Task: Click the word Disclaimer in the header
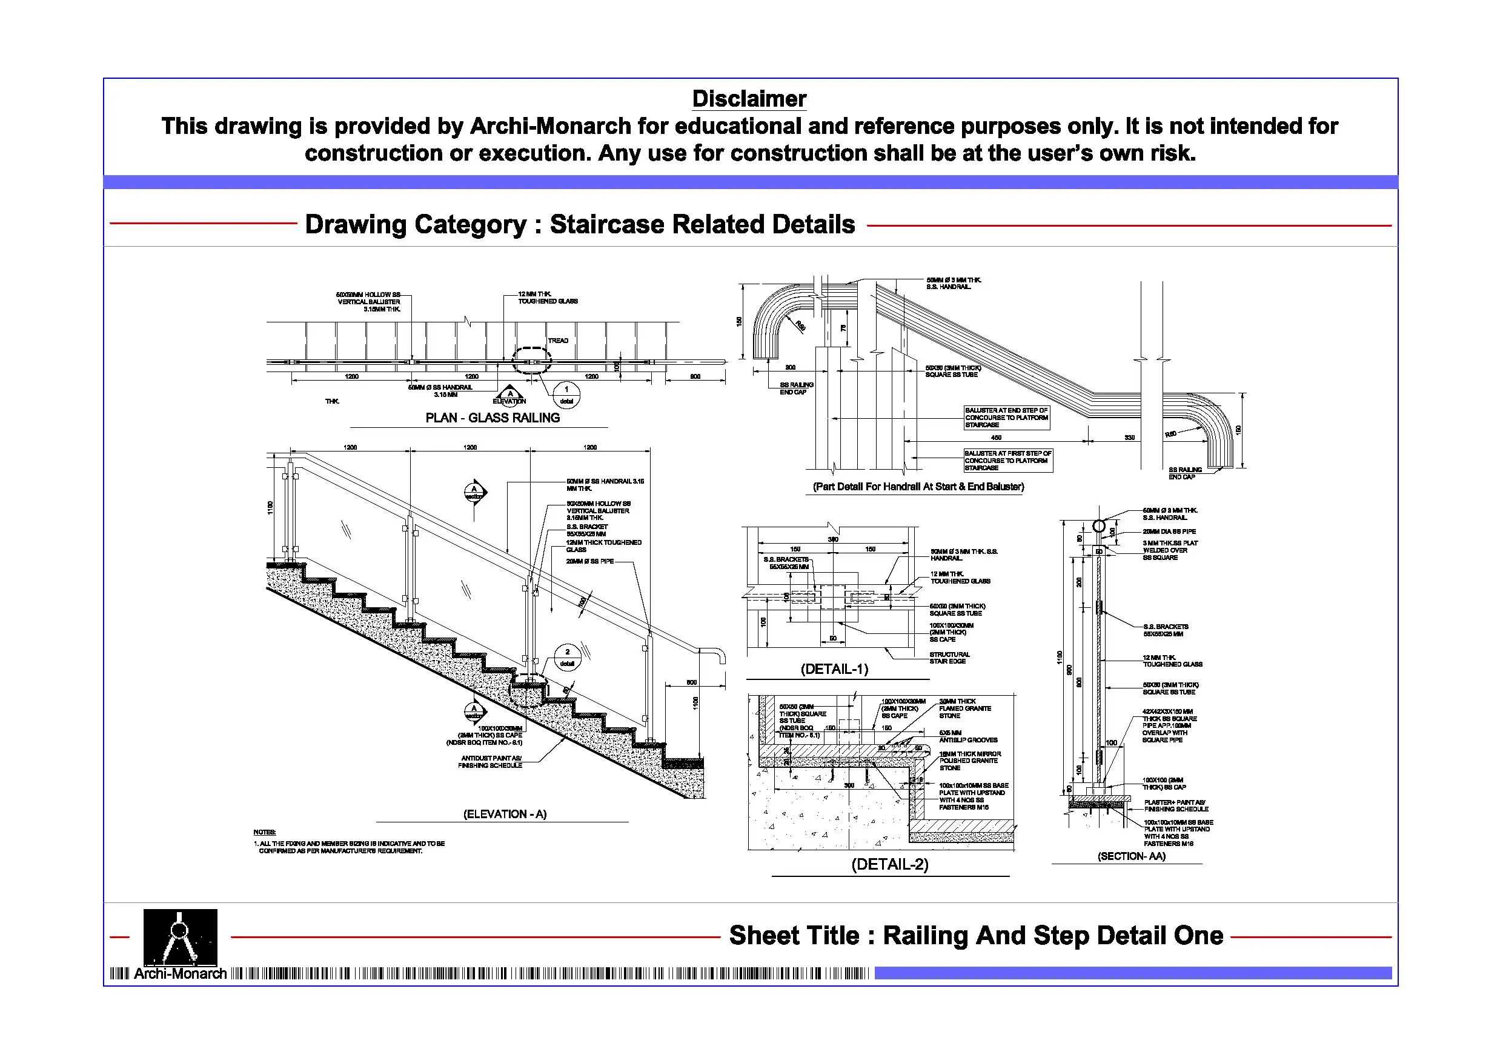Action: pyautogui.click(x=749, y=99)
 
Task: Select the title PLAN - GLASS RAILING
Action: pyautogui.click(x=493, y=418)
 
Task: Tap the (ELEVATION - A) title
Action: pyautogui.click(x=505, y=814)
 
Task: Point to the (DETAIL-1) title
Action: pyautogui.click(x=834, y=669)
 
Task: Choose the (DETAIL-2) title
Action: pyautogui.click(x=890, y=865)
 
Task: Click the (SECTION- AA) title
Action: pyautogui.click(x=1131, y=856)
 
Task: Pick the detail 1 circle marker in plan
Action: pyautogui.click(x=566, y=395)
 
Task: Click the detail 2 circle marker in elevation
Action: pyautogui.click(x=567, y=657)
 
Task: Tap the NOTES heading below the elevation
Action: pyautogui.click(x=265, y=832)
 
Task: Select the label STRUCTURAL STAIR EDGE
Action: pyautogui.click(x=949, y=658)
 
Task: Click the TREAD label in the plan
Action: pyautogui.click(x=558, y=341)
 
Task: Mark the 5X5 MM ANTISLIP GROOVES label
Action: pyautogui.click(x=967, y=736)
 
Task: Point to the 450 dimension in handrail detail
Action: pyautogui.click(x=996, y=438)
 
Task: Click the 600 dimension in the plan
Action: pyautogui.click(x=695, y=376)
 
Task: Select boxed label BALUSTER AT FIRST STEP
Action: pyautogui.click(x=1007, y=461)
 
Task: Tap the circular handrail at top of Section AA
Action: pyautogui.click(x=1099, y=526)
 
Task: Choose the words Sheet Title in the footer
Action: pyautogui.click(x=794, y=935)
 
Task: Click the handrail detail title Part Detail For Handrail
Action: pyautogui.click(x=918, y=487)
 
